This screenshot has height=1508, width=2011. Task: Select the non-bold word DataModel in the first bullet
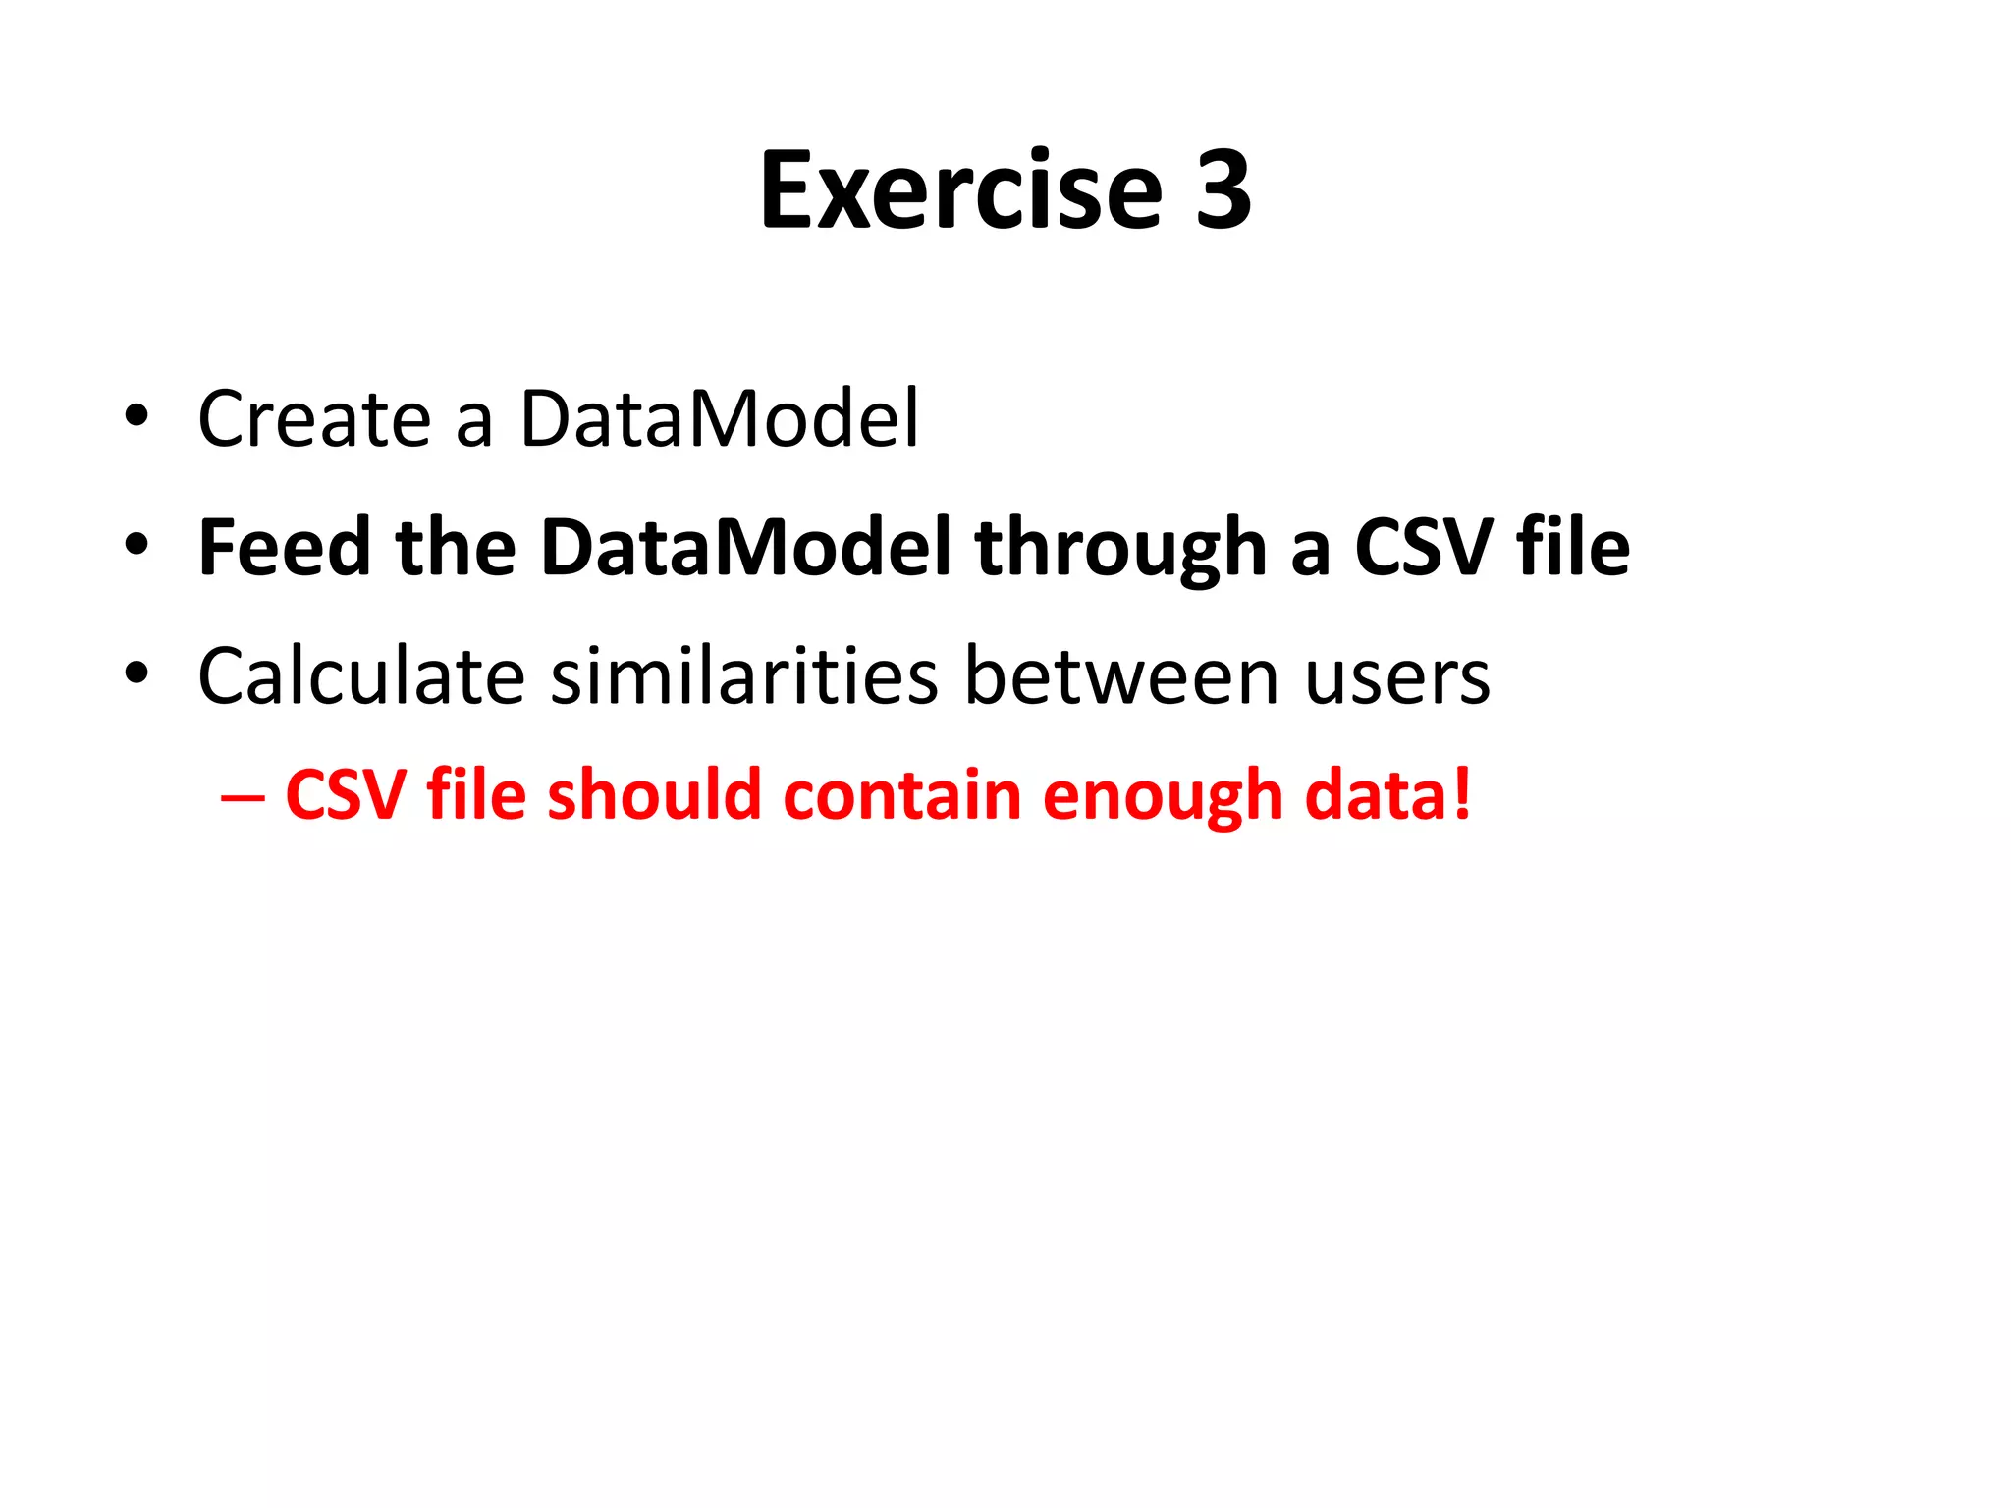[720, 419]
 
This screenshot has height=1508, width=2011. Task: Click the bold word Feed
[284, 548]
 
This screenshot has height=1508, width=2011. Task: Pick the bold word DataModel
[745, 548]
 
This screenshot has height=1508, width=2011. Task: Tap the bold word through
[1120, 548]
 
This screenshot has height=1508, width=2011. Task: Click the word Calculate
[361, 676]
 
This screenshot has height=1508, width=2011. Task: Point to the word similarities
[744, 676]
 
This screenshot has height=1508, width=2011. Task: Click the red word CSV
[345, 795]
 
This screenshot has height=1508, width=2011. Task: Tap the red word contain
[902, 795]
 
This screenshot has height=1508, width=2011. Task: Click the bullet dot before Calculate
[136, 673]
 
